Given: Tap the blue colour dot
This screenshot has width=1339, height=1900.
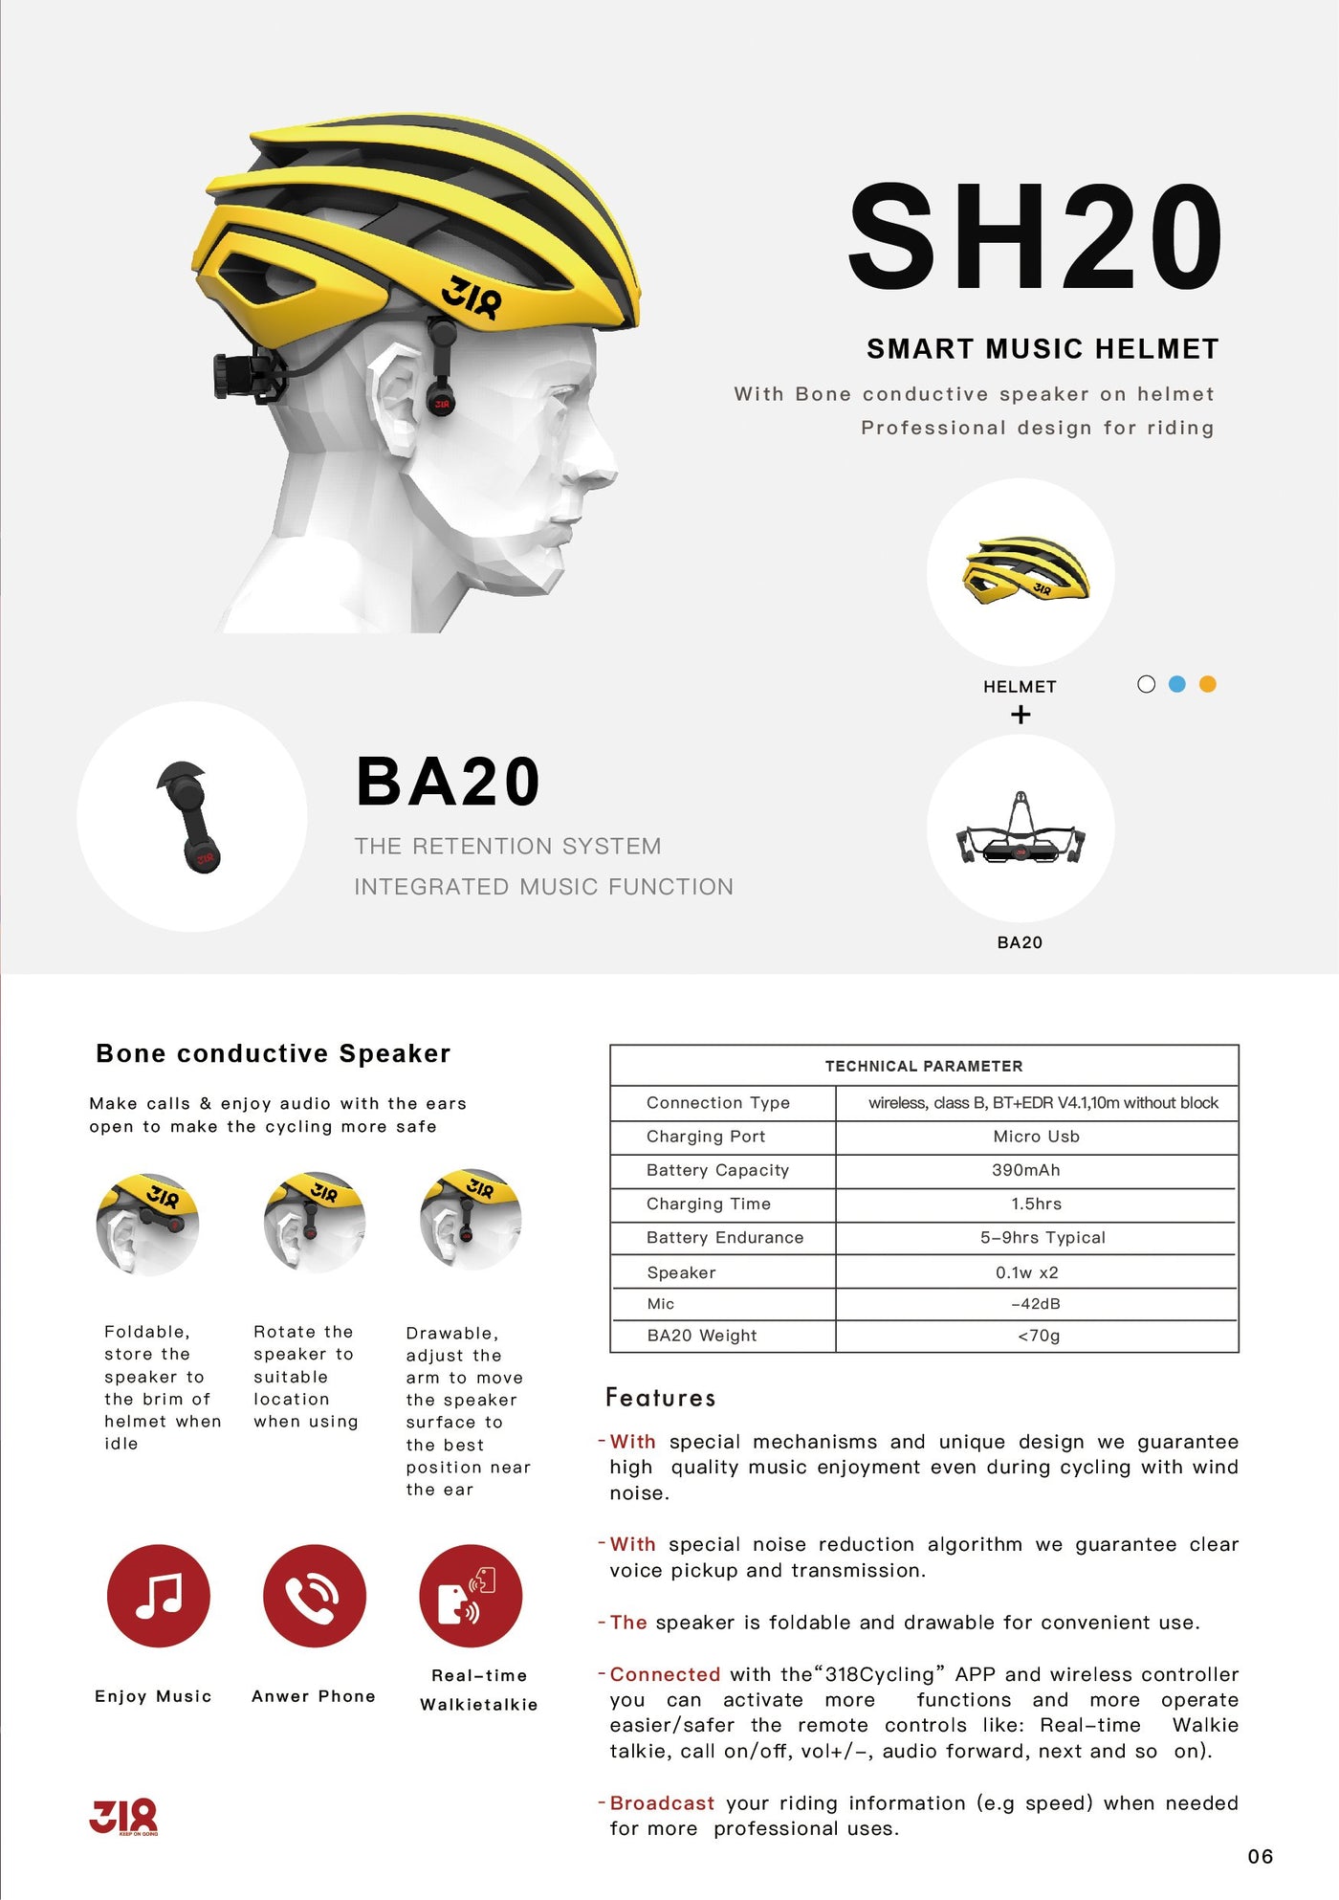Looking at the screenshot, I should click(1177, 684).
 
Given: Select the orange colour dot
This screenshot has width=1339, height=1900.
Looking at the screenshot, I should click(1208, 684).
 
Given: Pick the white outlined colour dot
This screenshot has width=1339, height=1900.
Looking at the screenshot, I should click(1147, 684).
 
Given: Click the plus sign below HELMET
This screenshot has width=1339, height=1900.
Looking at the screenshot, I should click(1021, 715).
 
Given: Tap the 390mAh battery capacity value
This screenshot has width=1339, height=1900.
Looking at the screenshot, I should click(1026, 1170).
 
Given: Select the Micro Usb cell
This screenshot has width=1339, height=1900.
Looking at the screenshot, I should click(1036, 1137).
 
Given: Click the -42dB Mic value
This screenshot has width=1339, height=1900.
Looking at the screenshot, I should click(1036, 1304).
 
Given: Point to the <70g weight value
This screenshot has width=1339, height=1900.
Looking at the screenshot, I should click(1039, 1336).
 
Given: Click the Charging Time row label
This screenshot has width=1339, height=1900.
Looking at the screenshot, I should click(709, 1204).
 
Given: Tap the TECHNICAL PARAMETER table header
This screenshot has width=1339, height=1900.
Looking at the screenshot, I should click(924, 1066).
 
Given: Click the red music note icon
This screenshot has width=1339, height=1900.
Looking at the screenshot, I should click(159, 1596).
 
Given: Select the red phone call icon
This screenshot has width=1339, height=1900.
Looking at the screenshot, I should click(315, 1596).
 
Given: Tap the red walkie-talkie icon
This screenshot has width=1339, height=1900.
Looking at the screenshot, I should click(471, 1596).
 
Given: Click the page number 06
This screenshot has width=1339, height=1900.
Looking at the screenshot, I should click(1261, 1857).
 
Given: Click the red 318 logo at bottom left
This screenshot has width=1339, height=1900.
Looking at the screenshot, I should click(123, 1816).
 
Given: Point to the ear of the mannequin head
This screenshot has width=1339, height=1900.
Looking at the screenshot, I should click(392, 402).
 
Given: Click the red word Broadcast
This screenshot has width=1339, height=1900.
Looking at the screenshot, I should click(662, 1803).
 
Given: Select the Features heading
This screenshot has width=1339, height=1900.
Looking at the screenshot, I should click(660, 1399).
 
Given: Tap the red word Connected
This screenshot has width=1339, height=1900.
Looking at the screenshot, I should click(665, 1674).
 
